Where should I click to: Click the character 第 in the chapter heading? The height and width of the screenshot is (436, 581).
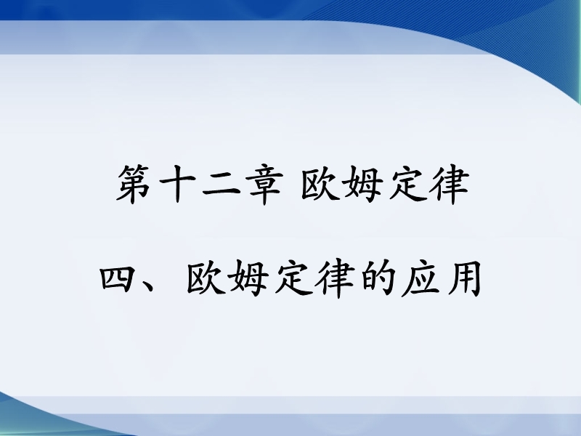pyautogui.click(x=134, y=185)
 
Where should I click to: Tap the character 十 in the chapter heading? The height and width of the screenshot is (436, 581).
pyautogui.click(x=177, y=185)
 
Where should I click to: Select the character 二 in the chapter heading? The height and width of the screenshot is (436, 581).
pyautogui.click(x=222, y=185)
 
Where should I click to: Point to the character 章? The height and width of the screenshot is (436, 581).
pyautogui.click(x=264, y=185)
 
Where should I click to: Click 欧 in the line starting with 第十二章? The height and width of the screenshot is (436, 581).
pyautogui.click(x=320, y=185)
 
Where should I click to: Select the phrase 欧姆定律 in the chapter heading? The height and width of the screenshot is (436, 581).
pyautogui.click(x=386, y=185)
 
